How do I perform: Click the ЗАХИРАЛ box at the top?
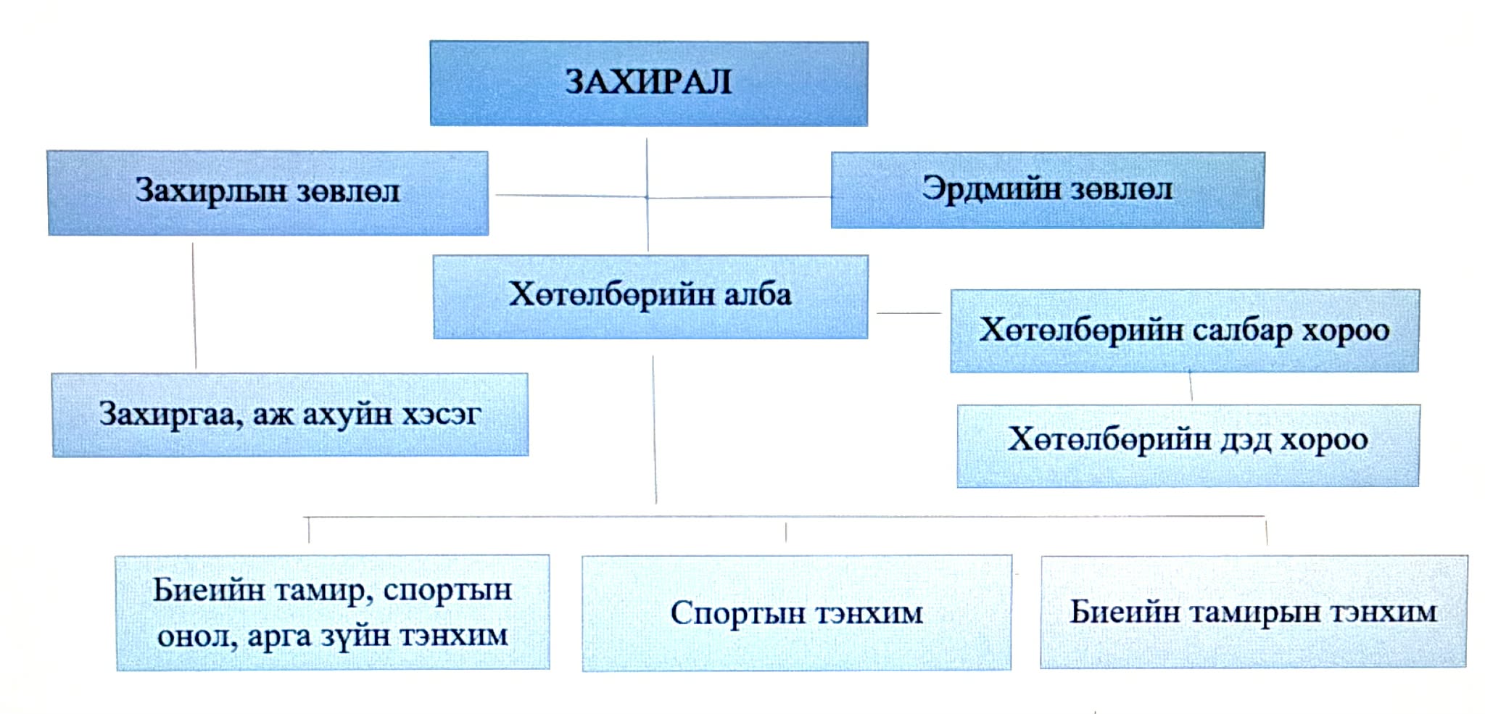tap(648, 83)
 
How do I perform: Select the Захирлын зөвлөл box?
tap(268, 193)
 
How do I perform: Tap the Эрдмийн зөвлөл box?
tap(1047, 190)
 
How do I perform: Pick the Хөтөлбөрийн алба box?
tap(650, 296)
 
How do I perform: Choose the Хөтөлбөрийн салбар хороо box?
tap(1184, 331)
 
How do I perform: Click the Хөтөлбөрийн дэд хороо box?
tap(1188, 445)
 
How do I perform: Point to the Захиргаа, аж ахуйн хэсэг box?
tap(289, 415)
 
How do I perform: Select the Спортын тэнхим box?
tap(796, 613)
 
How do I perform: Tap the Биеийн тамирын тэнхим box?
tap(1253, 612)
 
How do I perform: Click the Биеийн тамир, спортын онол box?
tap(332, 613)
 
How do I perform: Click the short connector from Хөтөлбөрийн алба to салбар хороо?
tap(909, 313)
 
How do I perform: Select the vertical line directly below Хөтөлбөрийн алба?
tap(654, 428)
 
